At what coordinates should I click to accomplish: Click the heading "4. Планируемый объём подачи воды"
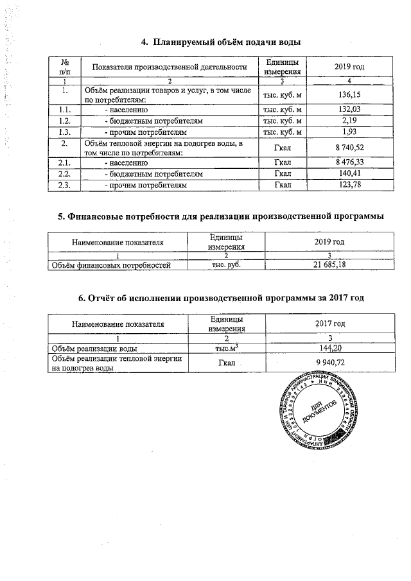coord(220,42)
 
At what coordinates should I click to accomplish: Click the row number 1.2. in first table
coord(64,121)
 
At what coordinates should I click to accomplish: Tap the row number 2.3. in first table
coord(64,185)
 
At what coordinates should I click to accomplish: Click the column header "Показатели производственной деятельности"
coord(170,67)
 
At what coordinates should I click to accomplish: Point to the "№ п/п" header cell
coord(64,67)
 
